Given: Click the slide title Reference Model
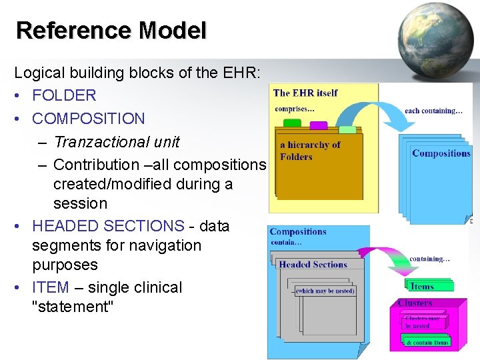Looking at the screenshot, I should coord(111,31).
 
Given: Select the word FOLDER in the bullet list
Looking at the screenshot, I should coord(64,95).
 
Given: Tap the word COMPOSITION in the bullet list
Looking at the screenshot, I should coord(88,119).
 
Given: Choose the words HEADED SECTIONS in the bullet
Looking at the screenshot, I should coord(108,226).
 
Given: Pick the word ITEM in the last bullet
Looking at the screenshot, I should coord(51,287).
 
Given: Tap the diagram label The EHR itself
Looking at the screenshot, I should coord(305,93).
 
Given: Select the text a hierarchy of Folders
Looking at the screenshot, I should coord(310,151).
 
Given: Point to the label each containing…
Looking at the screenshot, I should coord(433,111).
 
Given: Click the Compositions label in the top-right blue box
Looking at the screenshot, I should coord(441,153).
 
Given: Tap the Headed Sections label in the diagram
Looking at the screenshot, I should coord(313,265).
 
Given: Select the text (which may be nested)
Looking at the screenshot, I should coord(325,291).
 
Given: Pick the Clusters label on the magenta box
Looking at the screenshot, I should coord(414,303).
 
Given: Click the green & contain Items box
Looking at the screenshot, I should coord(427,342).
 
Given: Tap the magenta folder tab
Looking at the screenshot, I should coord(318,125).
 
